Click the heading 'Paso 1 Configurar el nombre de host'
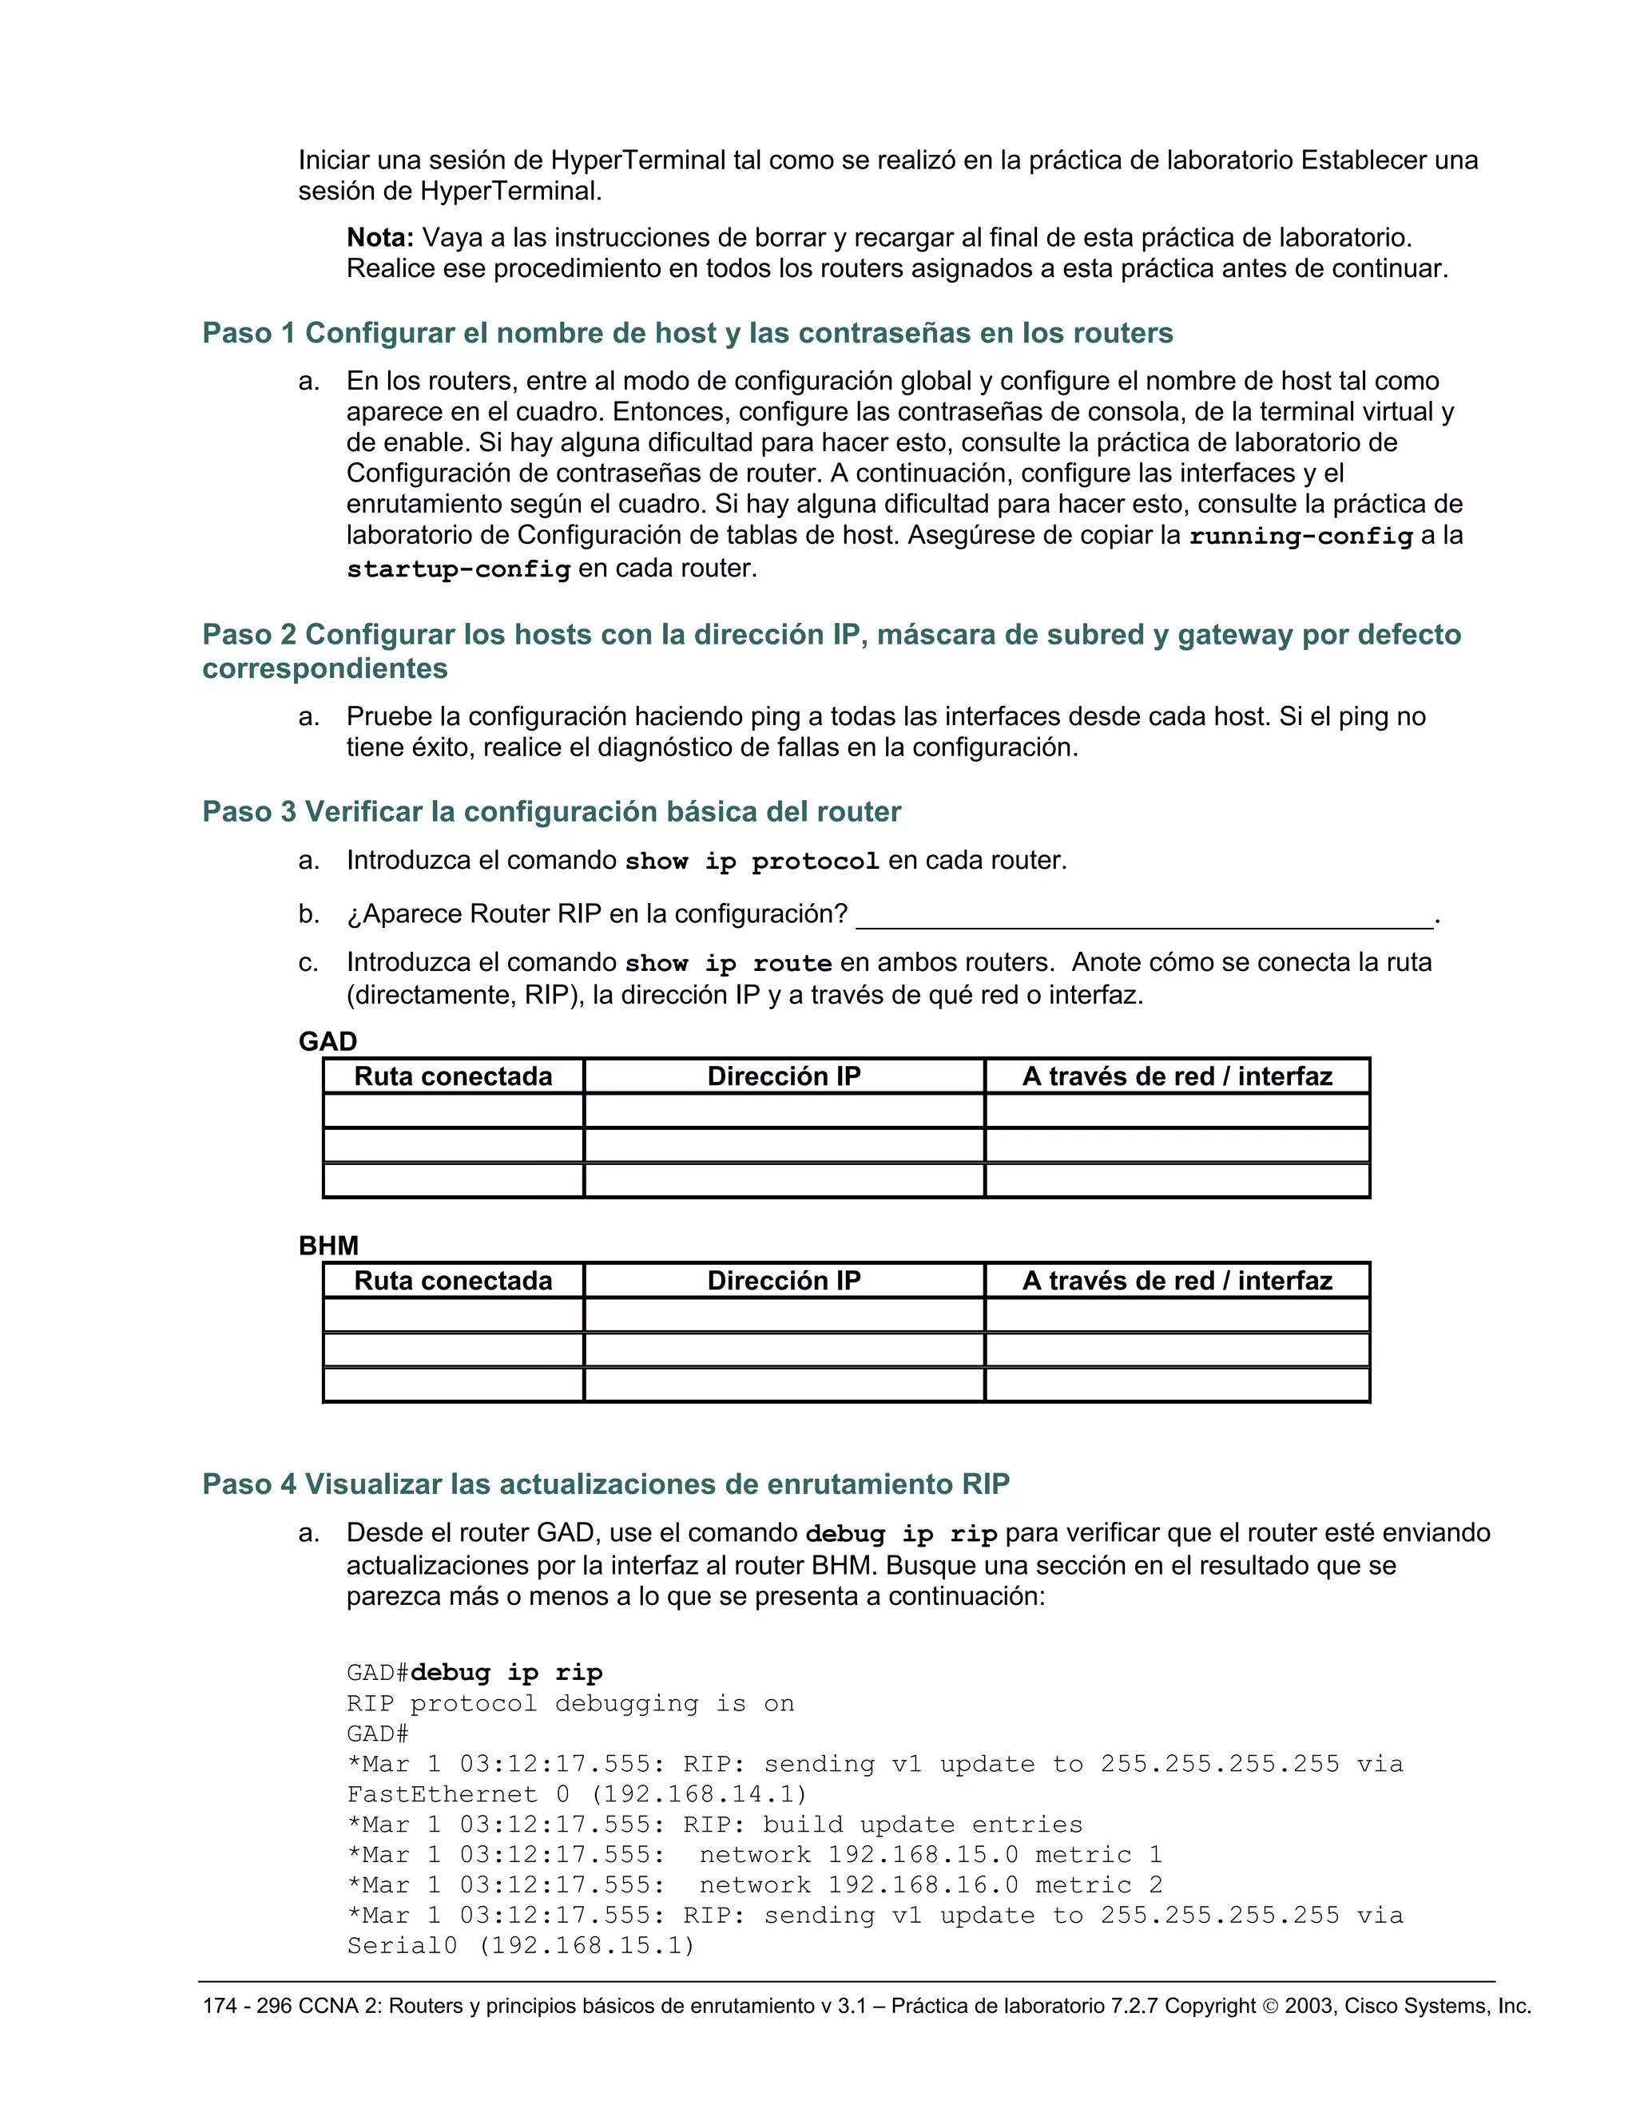(686, 333)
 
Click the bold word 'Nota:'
(380, 237)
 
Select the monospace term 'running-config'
(1300, 536)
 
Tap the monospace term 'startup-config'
(458, 569)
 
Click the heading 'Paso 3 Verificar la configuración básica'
(550, 812)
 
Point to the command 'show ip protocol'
(751, 862)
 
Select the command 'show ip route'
(728, 964)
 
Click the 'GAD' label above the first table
(328, 1041)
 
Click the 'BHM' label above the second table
(328, 1246)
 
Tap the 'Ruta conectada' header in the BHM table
(453, 1281)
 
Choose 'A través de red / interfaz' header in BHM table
(1177, 1281)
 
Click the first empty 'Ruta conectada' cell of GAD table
(453, 1111)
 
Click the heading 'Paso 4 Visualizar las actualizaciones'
(606, 1484)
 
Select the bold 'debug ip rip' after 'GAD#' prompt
(506, 1673)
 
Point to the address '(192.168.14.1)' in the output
(698, 1794)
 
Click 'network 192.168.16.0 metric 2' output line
(931, 1885)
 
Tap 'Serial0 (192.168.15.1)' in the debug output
(521, 1945)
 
